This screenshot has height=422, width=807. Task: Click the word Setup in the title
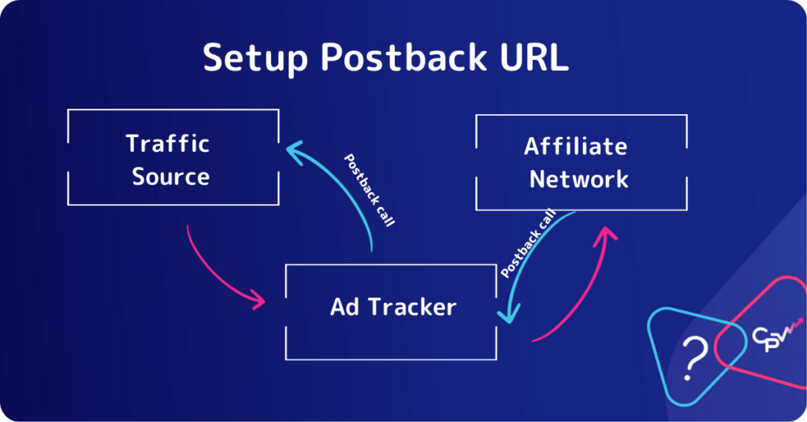coord(255,58)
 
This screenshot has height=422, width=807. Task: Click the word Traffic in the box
coord(168,143)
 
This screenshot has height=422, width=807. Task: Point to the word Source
coord(171,177)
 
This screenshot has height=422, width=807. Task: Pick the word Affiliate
coord(576,146)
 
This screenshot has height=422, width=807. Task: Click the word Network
coord(579,180)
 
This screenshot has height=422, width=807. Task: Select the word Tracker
coord(412,307)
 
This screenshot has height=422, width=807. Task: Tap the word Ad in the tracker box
coord(344,307)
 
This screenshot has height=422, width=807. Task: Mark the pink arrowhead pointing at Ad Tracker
coord(258,298)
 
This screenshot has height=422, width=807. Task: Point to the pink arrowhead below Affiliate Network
coord(605,236)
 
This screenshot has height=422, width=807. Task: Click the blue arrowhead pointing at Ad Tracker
coord(510,313)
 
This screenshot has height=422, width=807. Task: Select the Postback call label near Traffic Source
coord(369,191)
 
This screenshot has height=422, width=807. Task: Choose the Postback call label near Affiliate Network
coord(529,242)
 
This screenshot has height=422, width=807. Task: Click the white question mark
coord(694,357)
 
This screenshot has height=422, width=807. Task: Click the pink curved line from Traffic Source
coord(212,273)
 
